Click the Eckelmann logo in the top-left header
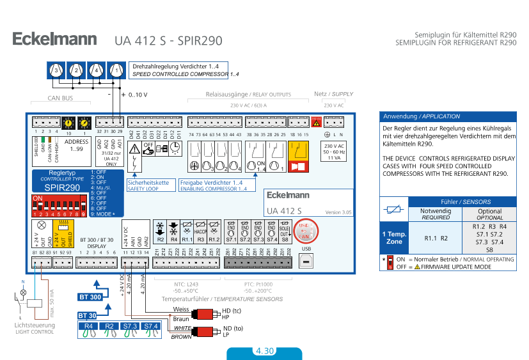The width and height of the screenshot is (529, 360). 54,40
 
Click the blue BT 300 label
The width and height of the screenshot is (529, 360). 90,297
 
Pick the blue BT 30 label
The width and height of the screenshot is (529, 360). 87,315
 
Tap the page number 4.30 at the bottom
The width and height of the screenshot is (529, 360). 264,351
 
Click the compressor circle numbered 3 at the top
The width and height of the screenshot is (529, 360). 56,70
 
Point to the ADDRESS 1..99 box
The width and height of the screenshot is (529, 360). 77,145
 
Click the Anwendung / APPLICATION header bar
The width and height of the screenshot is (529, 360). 448,116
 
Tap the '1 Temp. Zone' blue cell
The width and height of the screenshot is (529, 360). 393,238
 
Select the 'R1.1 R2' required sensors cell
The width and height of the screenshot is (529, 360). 436,238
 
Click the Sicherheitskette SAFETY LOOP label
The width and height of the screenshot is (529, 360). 149,185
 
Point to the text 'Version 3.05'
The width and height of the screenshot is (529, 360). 338,212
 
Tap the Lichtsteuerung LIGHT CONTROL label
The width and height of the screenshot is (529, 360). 35,329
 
